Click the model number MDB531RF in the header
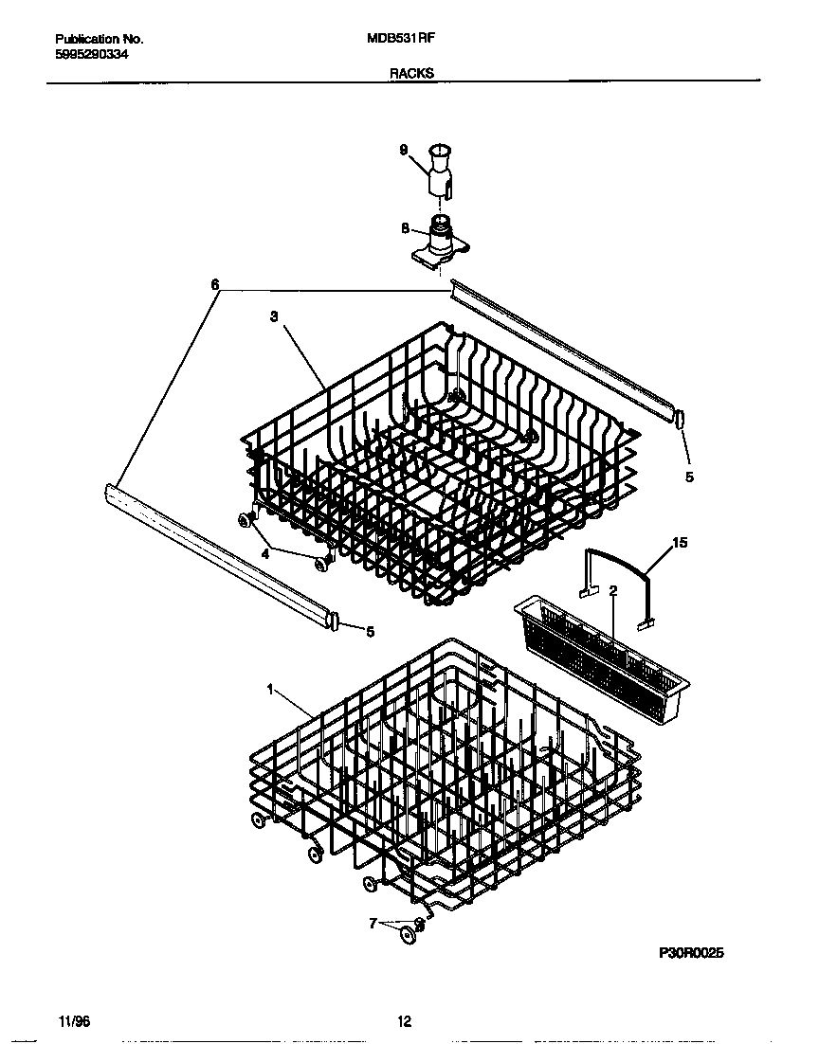(x=400, y=39)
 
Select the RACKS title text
(x=410, y=72)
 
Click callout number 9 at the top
(x=403, y=150)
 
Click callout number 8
(x=405, y=228)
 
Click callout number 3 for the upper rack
(x=273, y=317)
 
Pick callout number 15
(x=679, y=543)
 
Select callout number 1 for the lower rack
(x=270, y=691)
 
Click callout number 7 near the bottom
(x=373, y=922)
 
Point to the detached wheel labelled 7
(x=409, y=937)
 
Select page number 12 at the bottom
(x=404, y=1021)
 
